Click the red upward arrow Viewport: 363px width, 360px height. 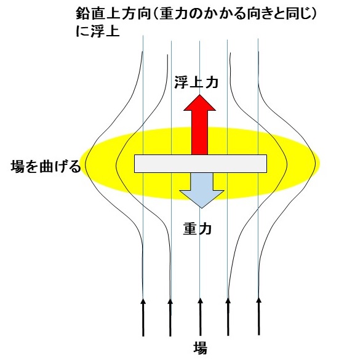tap(199, 124)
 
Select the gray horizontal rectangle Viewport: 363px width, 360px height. tap(201, 164)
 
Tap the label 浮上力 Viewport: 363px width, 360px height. tap(196, 82)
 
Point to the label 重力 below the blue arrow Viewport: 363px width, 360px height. tap(197, 229)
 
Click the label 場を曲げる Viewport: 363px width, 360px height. tap(46, 166)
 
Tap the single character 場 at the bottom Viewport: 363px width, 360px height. tap(200, 348)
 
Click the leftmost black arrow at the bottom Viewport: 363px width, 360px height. tap(143, 317)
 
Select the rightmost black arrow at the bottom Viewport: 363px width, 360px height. tap(259, 316)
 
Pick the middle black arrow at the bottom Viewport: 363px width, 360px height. tap(200, 317)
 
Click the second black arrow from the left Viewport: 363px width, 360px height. tap(170, 317)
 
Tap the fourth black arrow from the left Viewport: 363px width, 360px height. tap(228, 317)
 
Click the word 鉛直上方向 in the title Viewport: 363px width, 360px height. tap(113, 14)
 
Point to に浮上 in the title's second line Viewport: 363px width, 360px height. tap(98, 31)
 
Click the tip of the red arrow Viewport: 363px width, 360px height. tap(199, 94)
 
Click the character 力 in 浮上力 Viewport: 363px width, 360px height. tap(212, 82)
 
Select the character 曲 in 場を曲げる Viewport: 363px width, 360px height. tap(46, 166)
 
